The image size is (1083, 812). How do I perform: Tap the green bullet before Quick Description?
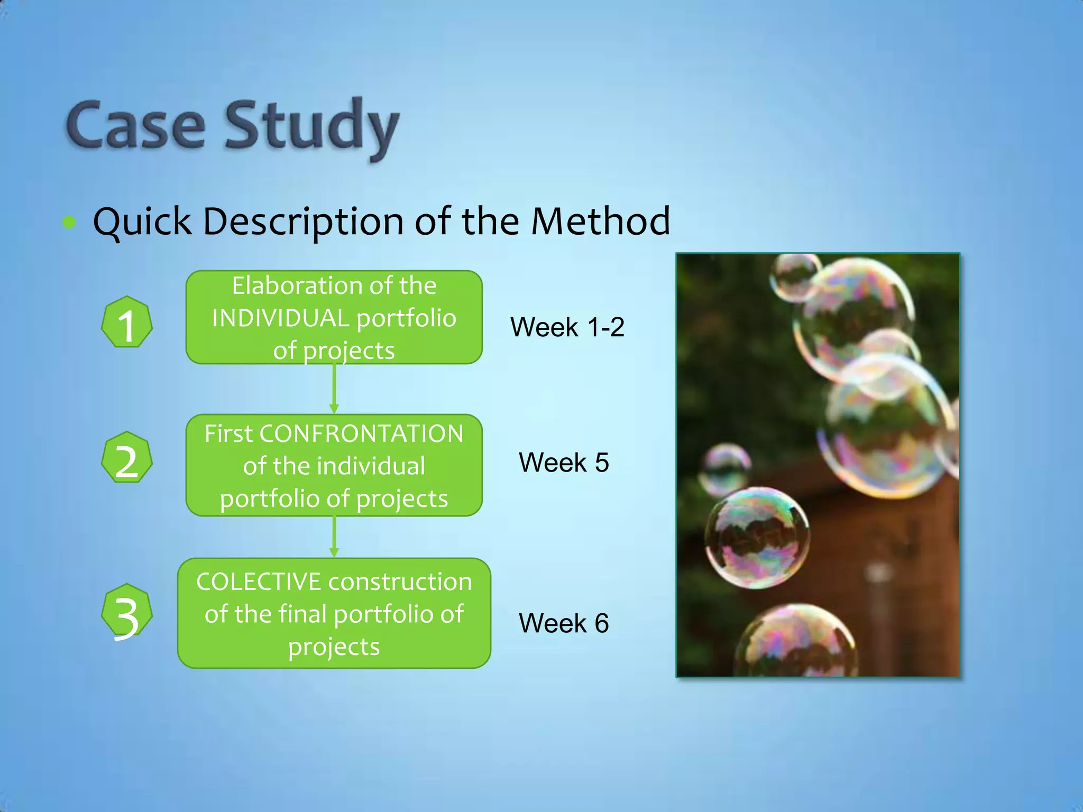(x=69, y=223)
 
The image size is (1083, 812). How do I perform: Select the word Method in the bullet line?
(x=600, y=221)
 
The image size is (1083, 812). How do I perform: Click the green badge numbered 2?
(x=127, y=458)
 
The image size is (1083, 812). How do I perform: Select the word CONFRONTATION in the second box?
(x=361, y=434)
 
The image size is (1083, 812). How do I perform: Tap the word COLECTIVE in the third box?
(x=259, y=582)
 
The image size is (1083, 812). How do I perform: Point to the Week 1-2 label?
(x=567, y=327)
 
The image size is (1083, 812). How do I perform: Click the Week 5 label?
(x=564, y=463)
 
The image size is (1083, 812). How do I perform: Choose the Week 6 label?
(x=564, y=623)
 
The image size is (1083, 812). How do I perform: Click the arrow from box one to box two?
(x=334, y=389)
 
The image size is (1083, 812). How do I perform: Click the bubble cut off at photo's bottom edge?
(x=796, y=642)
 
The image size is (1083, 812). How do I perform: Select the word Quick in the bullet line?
(x=142, y=221)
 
